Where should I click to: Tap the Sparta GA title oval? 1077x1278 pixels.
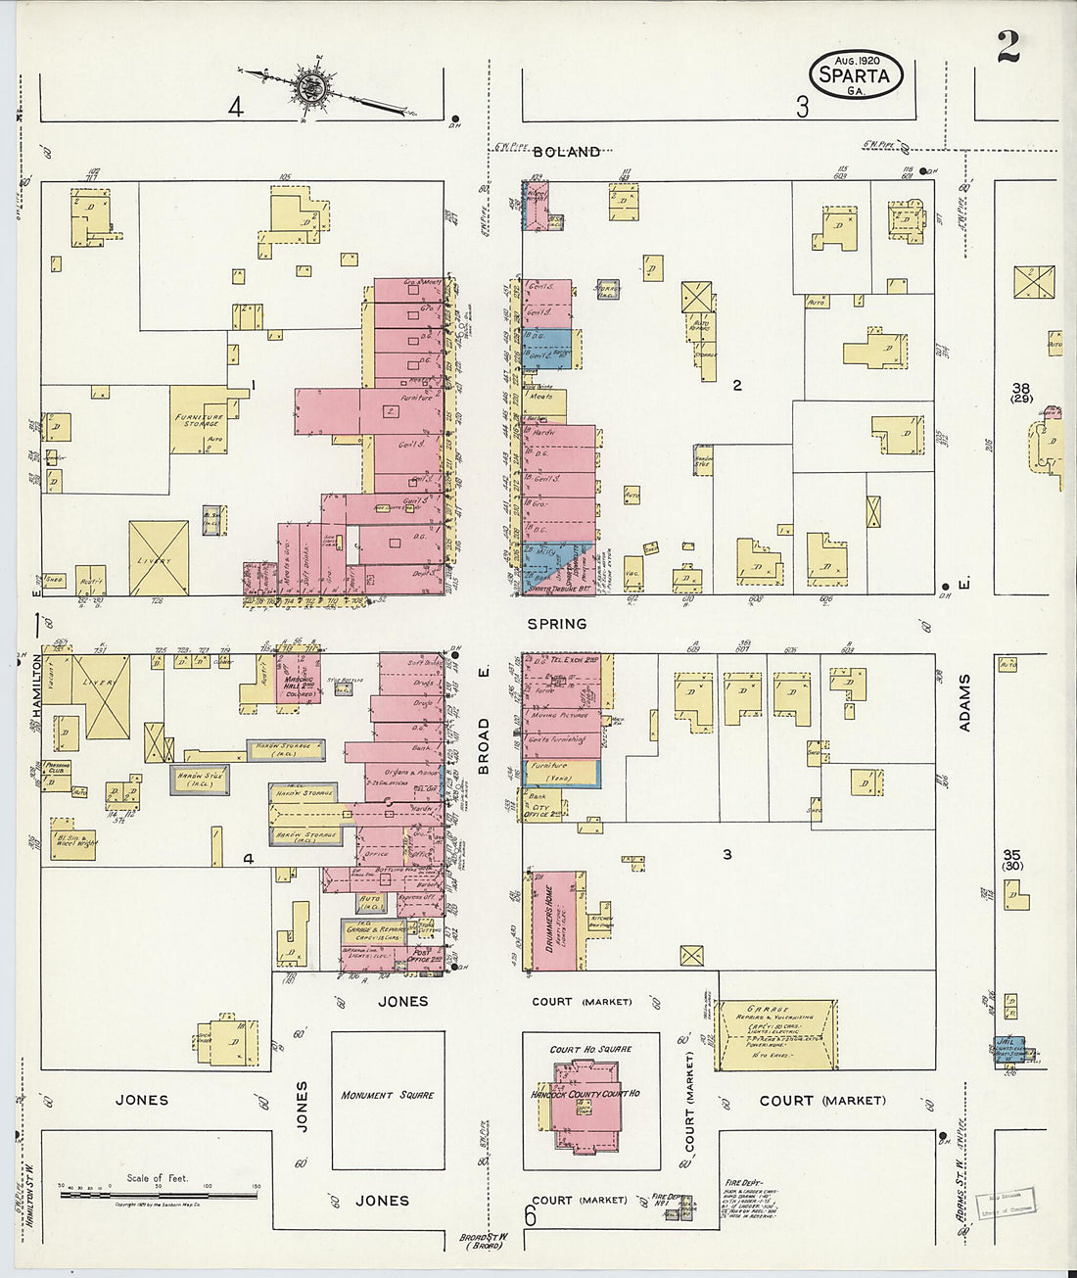click(x=856, y=74)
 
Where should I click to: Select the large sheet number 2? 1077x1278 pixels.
click(x=1007, y=46)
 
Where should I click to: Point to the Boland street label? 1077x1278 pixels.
click(x=567, y=152)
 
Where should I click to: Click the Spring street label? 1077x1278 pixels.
click(x=556, y=623)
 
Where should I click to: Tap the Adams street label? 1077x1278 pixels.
click(x=965, y=702)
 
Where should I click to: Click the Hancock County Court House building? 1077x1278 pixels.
click(x=585, y=1101)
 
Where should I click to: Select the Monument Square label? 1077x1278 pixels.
click(x=387, y=1095)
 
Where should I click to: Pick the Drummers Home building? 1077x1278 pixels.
click(x=552, y=921)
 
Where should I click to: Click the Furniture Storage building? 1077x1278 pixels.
click(x=200, y=420)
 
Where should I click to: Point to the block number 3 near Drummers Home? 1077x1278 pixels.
click(x=726, y=854)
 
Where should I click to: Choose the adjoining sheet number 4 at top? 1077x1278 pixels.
click(x=235, y=107)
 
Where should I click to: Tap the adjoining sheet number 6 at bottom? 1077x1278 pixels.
click(x=530, y=1216)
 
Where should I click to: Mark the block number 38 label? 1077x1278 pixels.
click(x=1022, y=391)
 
